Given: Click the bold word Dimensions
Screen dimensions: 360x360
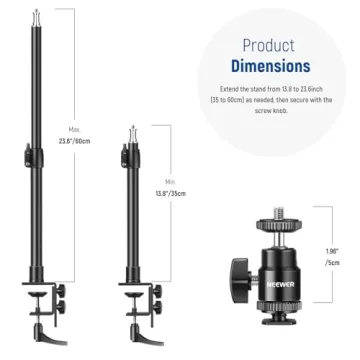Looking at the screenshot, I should point(271,66).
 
